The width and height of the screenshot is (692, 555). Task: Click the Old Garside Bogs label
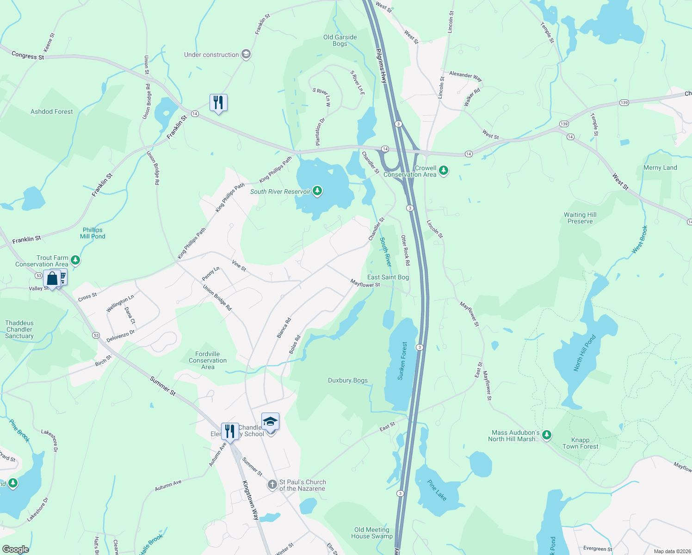point(340,41)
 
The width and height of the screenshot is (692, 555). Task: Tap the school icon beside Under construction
point(246,55)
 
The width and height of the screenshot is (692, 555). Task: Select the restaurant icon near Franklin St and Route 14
point(218,103)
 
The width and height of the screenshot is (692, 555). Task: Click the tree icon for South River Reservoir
point(317,191)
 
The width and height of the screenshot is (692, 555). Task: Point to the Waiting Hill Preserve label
point(580,218)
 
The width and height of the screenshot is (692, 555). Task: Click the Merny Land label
point(660,167)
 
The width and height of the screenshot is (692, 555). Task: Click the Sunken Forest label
point(403,361)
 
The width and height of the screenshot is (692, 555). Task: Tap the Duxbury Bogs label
point(348,380)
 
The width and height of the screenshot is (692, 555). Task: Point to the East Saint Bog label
point(388,277)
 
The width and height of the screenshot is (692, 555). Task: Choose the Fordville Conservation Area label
point(208,360)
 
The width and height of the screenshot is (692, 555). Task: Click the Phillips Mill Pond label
point(93,233)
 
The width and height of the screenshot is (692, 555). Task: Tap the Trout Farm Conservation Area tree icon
point(75,260)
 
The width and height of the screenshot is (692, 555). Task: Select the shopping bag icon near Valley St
point(52,278)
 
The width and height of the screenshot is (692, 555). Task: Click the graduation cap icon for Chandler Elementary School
point(270,422)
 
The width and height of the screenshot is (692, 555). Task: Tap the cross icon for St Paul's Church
point(272,485)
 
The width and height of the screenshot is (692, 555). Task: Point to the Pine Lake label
point(437,490)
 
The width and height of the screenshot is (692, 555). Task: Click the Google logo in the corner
point(15,549)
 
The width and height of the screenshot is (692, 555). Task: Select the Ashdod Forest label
point(52,111)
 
